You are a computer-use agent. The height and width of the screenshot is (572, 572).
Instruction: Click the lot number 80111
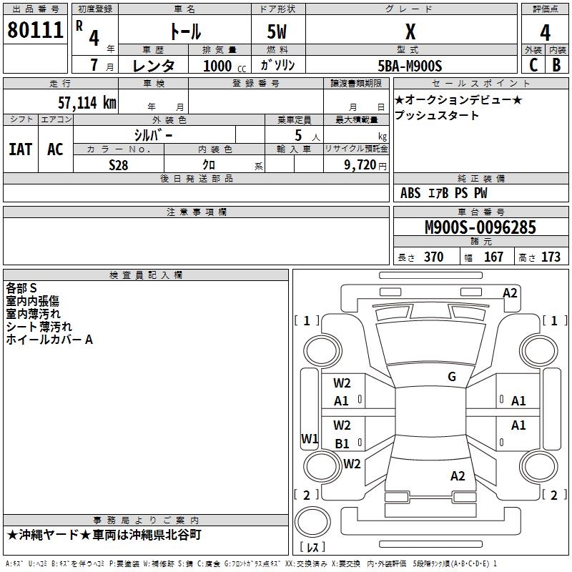(x=35, y=30)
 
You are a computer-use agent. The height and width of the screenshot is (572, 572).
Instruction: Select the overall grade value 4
(x=545, y=33)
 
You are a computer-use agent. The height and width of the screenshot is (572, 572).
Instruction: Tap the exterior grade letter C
(x=533, y=65)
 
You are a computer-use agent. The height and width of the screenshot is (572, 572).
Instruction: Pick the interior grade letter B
(x=556, y=65)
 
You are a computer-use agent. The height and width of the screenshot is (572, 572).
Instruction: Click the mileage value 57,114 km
(x=87, y=102)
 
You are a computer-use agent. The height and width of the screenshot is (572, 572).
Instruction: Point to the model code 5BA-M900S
(x=410, y=66)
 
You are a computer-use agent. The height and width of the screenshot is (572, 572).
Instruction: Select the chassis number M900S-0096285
(x=480, y=227)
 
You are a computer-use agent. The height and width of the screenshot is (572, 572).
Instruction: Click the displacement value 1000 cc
(x=225, y=66)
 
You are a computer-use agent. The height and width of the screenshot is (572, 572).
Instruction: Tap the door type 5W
(x=277, y=31)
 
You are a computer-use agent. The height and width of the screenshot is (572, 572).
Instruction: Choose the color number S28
(x=119, y=165)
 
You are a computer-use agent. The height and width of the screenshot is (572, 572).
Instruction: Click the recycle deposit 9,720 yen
(x=365, y=165)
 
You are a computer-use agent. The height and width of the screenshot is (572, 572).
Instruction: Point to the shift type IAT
(x=21, y=149)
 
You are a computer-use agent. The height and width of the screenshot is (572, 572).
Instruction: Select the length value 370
(x=433, y=257)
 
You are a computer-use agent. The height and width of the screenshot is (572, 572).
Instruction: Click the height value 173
(x=551, y=257)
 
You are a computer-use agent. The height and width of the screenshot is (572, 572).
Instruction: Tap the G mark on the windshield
(x=452, y=377)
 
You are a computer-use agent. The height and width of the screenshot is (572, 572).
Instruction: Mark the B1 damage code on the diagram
(x=342, y=443)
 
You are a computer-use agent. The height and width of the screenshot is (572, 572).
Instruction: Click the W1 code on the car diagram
(x=310, y=438)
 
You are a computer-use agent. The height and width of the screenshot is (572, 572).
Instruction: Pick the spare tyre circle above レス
(x=312, y=521)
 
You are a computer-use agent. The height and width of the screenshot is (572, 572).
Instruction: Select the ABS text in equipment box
(x=410, y=193)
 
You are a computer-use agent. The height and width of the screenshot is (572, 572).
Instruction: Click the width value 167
(x=493, y=257)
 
